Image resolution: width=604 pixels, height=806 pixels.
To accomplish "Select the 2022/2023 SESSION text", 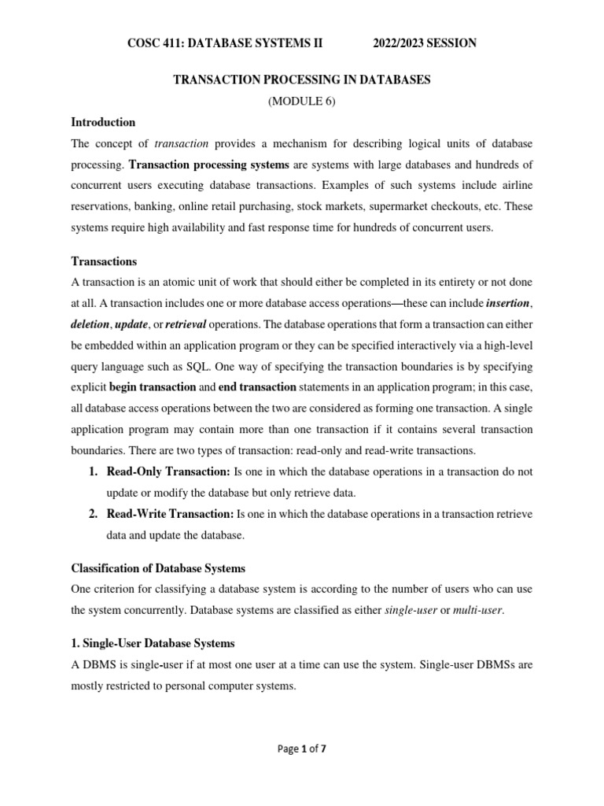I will (x=424, y=43).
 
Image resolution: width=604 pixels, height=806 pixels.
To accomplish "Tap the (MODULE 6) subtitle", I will (x=302, y=102).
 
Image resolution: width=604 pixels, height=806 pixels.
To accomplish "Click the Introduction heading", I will (x=103, y=122).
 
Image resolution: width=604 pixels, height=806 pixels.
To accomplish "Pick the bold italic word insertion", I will (x=509, y=302).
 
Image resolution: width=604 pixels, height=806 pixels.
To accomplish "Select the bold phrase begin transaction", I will (x=153, y=387).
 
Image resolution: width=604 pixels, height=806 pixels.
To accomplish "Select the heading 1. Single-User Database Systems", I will (x=153, y=643).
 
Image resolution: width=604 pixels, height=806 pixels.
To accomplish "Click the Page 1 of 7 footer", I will (x=302, y=749).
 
